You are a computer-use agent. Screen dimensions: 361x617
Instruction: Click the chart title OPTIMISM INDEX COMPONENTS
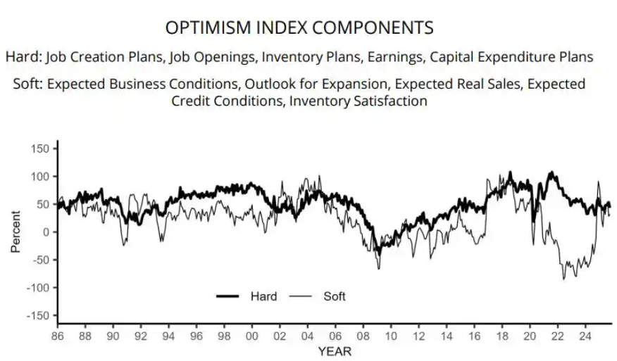(x=299, y=27)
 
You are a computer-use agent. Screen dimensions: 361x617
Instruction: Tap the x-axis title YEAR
(x=335, y=350)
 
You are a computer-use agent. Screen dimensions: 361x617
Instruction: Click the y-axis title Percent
(x=15, y=232)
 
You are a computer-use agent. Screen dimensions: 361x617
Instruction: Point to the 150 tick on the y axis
(x=41, y=148)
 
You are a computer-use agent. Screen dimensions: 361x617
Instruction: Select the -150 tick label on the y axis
(x=38, y=315)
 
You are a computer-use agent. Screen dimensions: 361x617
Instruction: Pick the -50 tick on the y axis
(x=41, y=260)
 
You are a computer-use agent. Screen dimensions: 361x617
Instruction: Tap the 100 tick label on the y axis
(x=41, y=176)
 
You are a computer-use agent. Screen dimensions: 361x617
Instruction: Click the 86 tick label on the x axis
(x=58, y=336)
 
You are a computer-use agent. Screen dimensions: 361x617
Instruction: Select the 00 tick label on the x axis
(x=251, y=336)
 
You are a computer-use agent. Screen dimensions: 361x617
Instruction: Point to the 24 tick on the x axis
(x=584, y=336)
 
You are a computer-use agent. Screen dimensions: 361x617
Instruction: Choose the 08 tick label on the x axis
(x=362, y=336)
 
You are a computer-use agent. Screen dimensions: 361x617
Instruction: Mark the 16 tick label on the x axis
(x=473, y=336)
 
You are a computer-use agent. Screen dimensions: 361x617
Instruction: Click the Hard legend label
(x=263, y=296)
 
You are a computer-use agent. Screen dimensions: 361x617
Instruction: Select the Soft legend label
(x=335, y=296)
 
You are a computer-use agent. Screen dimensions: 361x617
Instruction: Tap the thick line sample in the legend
(x=228, y=296)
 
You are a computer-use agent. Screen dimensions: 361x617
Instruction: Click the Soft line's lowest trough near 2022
(x=563, y=279)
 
